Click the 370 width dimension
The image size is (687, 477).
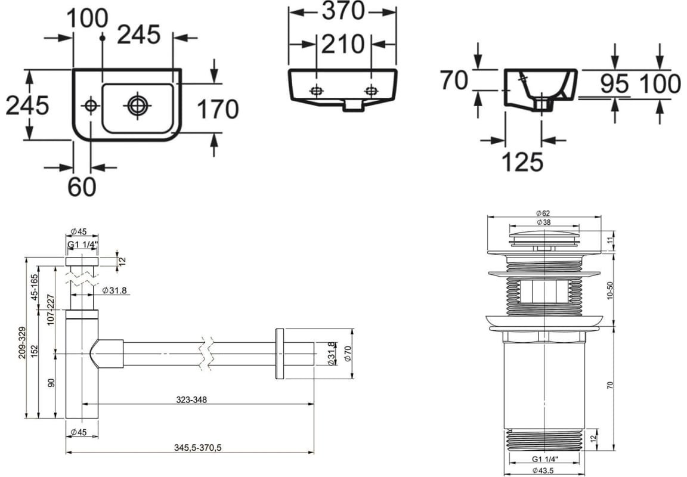click(x=343, y=11)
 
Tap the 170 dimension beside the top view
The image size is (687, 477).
click(x=217, y=109)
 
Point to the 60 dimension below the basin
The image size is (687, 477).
click(x=82, y=187)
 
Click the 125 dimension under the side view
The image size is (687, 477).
click(x=522, y=162)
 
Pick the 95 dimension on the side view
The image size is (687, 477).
click(x=614, y=83)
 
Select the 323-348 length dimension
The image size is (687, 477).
click(x=191, y=399)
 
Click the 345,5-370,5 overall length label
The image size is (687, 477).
click(x=198, y=448)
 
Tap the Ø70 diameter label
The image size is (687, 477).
click(x=348, y=354)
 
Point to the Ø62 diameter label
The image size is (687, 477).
click(x=543, y=213)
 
